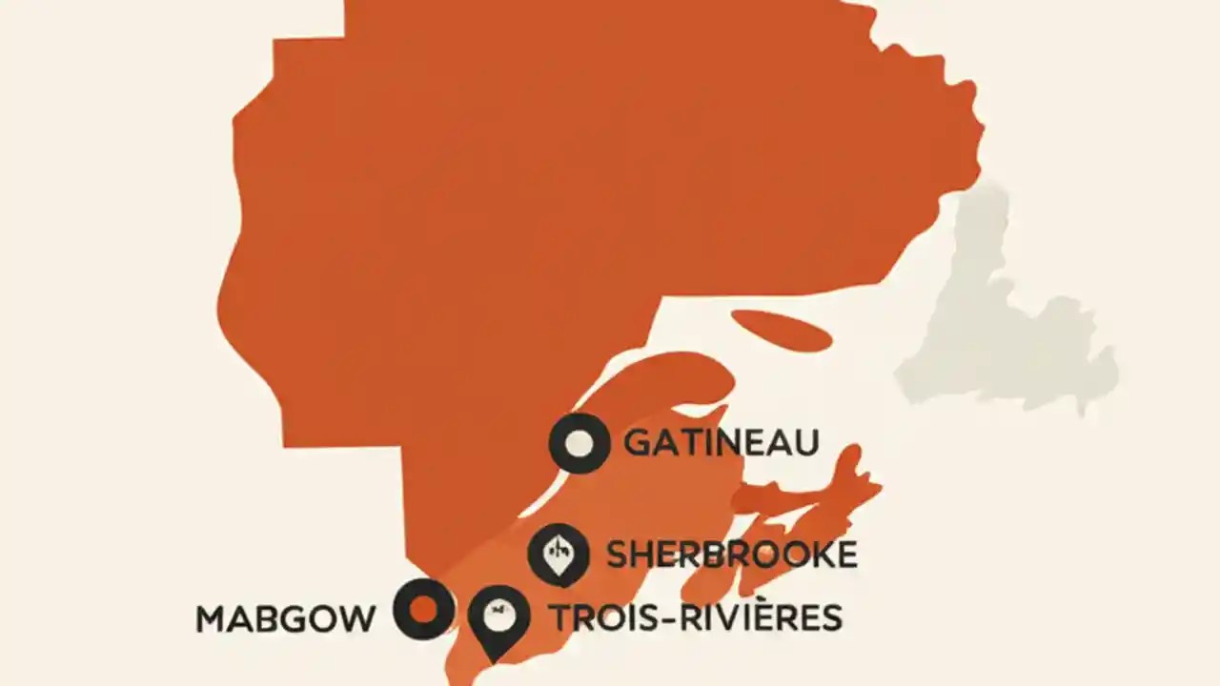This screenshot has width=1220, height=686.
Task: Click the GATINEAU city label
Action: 721,443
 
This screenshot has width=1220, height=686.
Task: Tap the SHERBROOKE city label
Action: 731,555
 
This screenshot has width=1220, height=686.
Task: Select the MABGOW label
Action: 285,619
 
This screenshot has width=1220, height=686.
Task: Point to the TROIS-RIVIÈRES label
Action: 696,617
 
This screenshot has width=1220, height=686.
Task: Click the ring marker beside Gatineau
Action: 579,444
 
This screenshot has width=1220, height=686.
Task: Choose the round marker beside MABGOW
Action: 423,609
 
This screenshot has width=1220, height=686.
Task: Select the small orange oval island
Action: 782,330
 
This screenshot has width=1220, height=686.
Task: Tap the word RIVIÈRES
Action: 762,617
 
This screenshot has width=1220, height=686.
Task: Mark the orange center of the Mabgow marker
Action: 423,609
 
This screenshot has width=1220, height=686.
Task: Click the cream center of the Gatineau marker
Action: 579,444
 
